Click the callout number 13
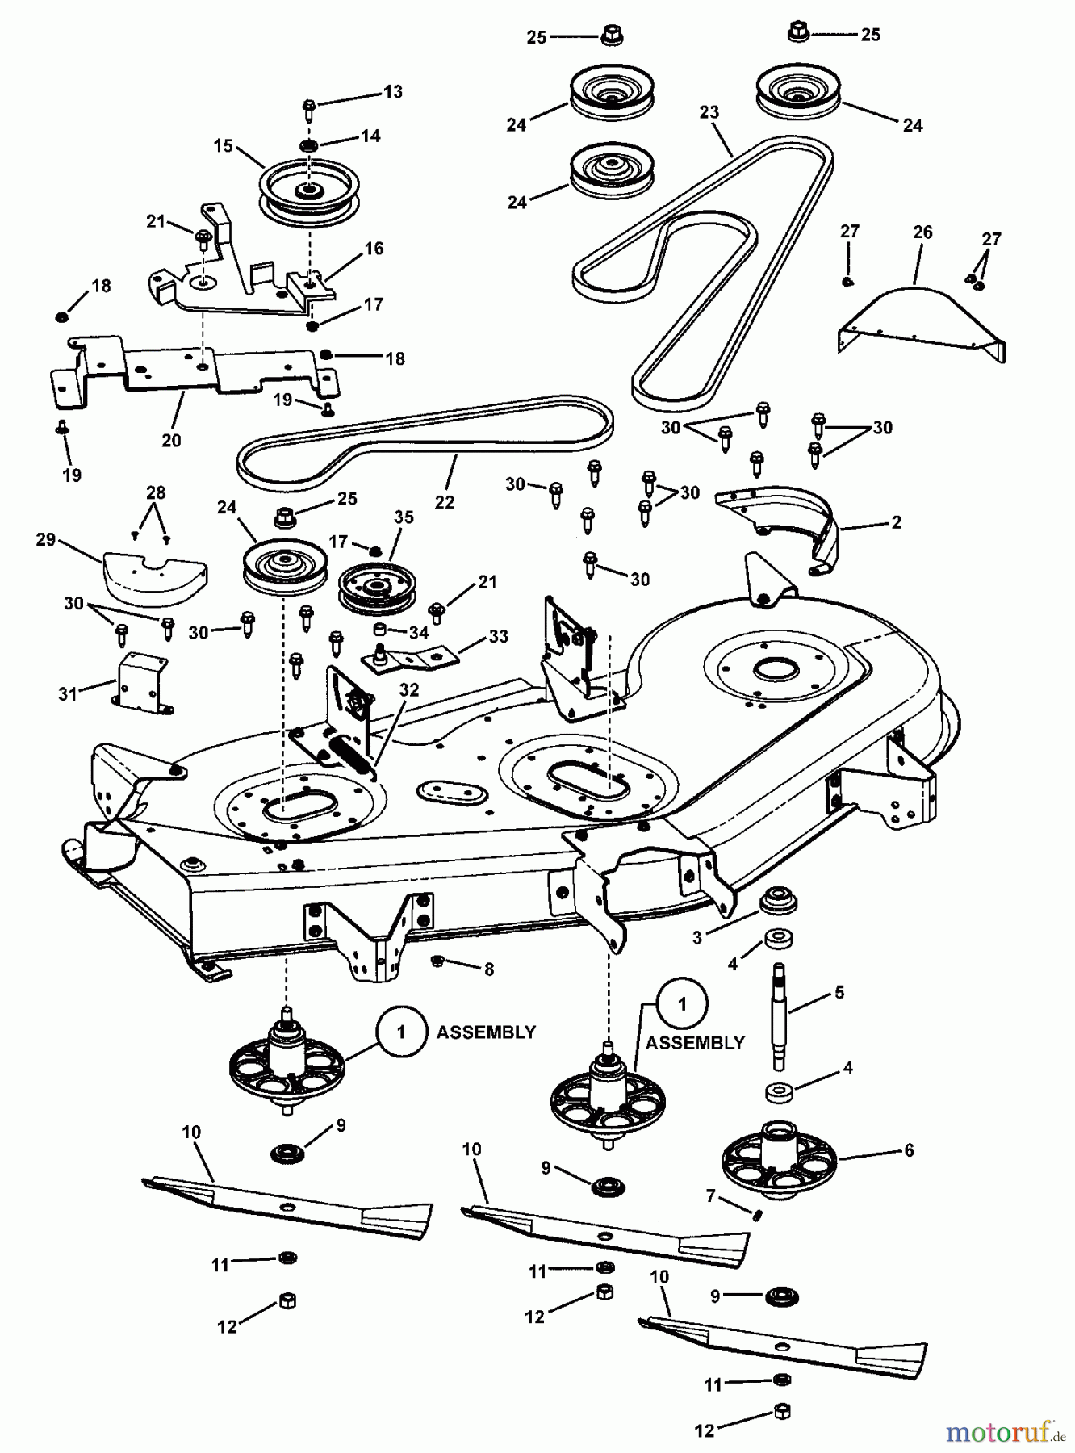coord(393,92)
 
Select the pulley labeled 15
coord(308,192)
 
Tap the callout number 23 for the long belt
coord(709,112)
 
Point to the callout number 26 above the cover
coord(922,232)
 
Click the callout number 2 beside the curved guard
coord(896,522)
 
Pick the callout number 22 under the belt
coord(445,502)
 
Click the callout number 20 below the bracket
coord(171,441)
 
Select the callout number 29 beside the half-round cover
coord(46,539)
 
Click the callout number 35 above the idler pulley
coord(404,517)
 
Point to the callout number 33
coord(499,637)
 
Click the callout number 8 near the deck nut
coord(489,970)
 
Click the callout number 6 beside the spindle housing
coord(909,1150)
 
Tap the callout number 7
coord(711,1196)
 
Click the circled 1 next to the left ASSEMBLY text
coord(401,1032)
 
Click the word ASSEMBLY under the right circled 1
coord(695,1043)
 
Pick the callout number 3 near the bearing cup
coord(697,938)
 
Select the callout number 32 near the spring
coord(410,690)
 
